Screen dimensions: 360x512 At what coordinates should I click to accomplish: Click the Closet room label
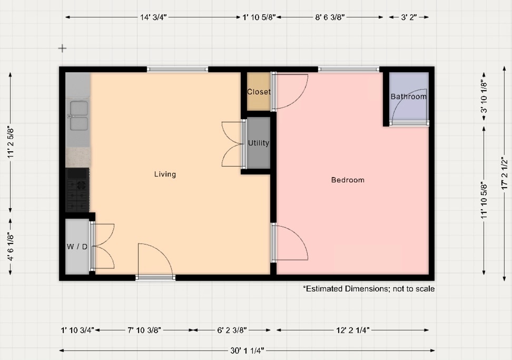pyautogui.click(x=259, y=92)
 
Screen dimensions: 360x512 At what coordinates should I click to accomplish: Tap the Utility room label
pyautogui.click(x=259, y=143)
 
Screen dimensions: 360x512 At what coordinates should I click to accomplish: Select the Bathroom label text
pyautogui.click(x=408, y=96)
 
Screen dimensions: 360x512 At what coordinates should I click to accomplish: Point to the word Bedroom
pyautogui.click(x=348, y=180)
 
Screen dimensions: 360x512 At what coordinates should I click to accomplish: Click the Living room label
pyautogui.click(x=165, y=174)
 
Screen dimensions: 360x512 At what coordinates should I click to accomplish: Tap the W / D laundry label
pyautogui.click(x=77, y=247)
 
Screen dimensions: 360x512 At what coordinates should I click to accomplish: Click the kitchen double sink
pyautogui.click(x=78, y=116)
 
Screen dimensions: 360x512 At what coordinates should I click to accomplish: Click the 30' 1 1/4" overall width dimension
pyautogui.click(x=246, y=350)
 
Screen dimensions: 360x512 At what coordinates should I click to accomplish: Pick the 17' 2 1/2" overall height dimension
pyautogui.click(x=505, y=173)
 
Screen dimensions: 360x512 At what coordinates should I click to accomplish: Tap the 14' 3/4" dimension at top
pyautogui.click(x=153, y=17)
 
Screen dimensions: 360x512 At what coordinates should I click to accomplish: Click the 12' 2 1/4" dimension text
pyautogui.click(x=352, y=330)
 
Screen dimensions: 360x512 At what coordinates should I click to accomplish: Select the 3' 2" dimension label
pyautogui.click(x=409, y=17)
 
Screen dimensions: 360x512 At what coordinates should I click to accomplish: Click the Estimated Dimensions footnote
pyautogui.click(x=369, y=289)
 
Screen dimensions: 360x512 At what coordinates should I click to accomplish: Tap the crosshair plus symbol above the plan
pyautogui.click(x=62, y=48)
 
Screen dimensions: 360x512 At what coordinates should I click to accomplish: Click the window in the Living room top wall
pyautogui.click(x=177, y=69)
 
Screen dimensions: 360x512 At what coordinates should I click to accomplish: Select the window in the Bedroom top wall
pyautogui.click(x=349, y=69)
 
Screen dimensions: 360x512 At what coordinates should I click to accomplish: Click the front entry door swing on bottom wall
pyautogui.click(x=155, y=261)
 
